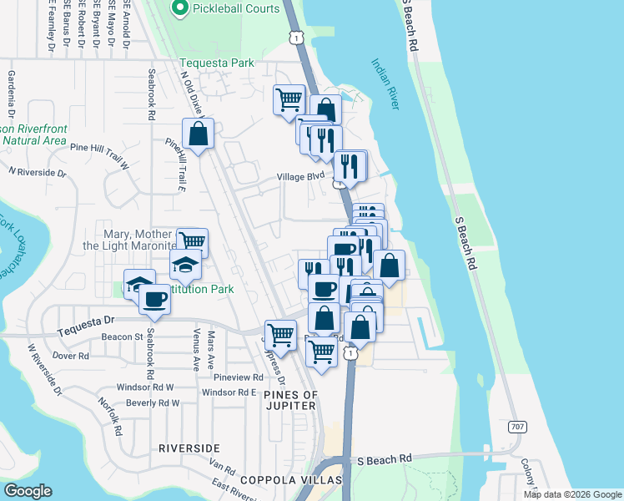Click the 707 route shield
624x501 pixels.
coord(517,427)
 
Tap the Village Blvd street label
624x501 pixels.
coord(300,177)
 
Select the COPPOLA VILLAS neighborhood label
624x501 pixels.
coord(291,480)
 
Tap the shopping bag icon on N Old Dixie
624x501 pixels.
coord(199,134)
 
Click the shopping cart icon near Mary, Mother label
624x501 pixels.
coord(193,241)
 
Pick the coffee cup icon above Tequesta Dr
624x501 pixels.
coord(154,298)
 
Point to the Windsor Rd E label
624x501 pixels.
coord(228,392)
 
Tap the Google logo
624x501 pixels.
coord(28,491)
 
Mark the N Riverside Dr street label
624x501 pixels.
coord(37,172)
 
